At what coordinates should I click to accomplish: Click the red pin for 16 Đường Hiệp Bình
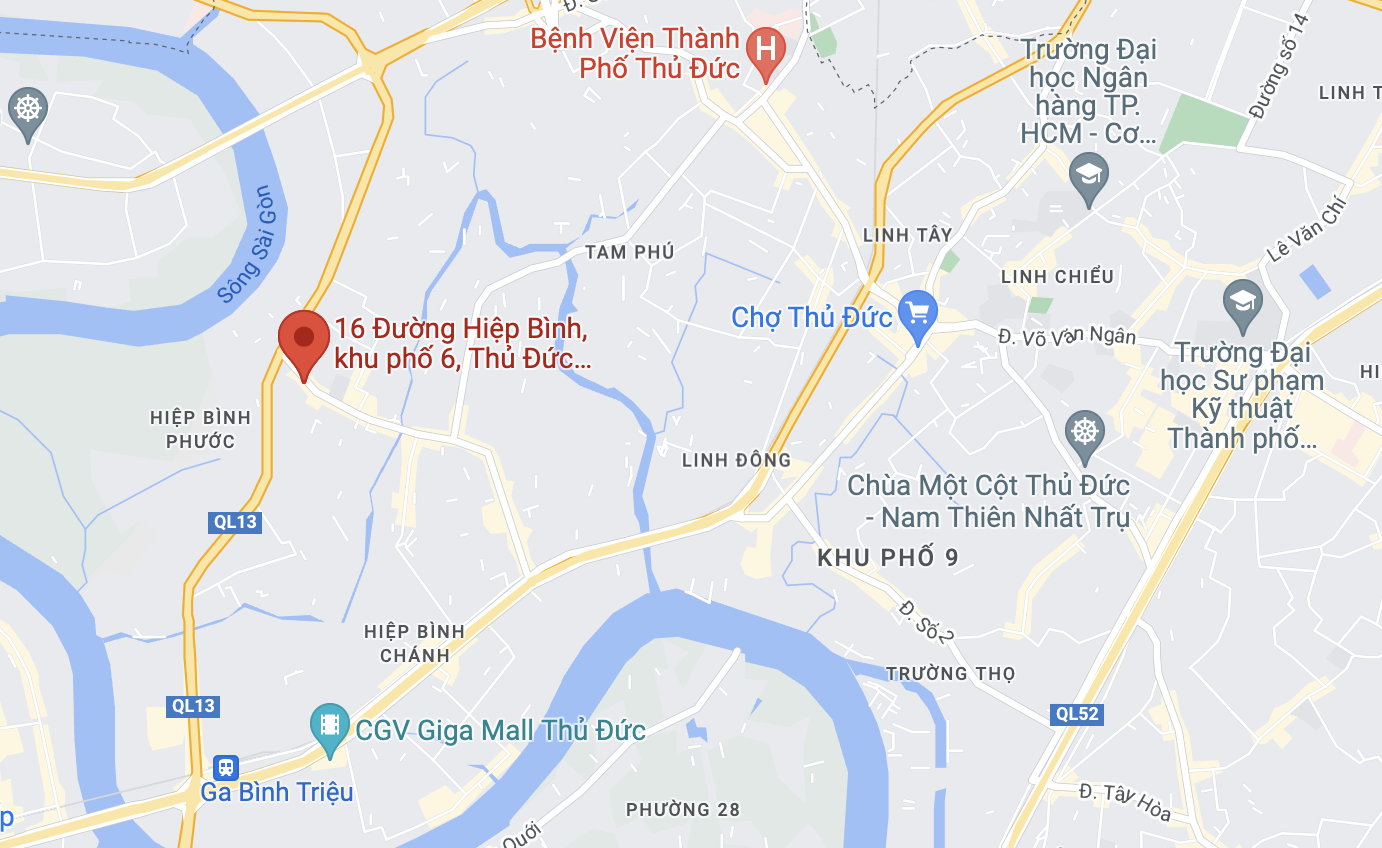point(304,341)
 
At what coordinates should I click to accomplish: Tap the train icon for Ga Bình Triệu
point(226,768)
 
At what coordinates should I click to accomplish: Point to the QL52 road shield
point(1076,714)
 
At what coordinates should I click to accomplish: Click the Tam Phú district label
point(630,252)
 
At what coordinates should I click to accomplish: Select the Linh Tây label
point(907,235)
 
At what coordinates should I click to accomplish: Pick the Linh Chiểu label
point(1057,276)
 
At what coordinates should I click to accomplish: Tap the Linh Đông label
point(736,460)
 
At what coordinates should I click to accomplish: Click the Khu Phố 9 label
point(888,557)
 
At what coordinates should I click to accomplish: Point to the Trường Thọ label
point(950,673)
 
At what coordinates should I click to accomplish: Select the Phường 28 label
point(683,809)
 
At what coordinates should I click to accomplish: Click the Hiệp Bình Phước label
point(201,429)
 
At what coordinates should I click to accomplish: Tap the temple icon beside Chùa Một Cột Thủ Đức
point(1084,431)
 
